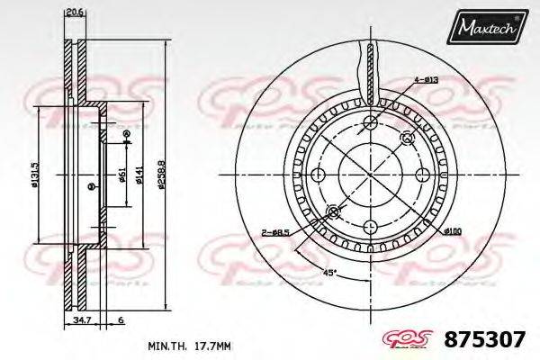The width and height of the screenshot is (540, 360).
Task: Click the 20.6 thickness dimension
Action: [x=74, y=12]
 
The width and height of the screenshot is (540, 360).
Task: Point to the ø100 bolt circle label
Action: [x=453, y=232]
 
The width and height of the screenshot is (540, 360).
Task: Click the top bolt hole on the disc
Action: [x=369, y=122]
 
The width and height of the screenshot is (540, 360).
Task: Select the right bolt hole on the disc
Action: [x=422, y=175]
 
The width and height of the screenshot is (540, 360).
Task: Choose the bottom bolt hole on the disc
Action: [x=369, y=228]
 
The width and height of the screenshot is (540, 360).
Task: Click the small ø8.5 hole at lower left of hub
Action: [x=332, y=211]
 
